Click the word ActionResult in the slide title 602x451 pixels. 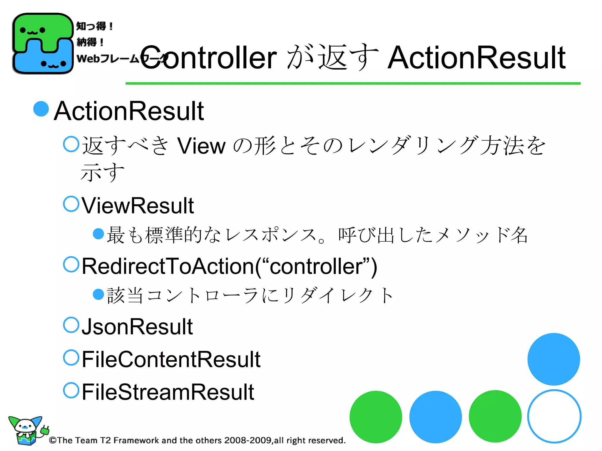[476, 58]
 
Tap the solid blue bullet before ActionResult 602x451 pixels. [41, 109]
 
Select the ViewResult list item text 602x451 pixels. [138, 206]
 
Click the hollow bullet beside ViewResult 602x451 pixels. [71, 204]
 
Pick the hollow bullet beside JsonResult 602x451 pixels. [71, 325]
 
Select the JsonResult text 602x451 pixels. [137, 327]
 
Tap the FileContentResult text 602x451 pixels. [171, 359]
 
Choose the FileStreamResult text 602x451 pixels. [168, 392]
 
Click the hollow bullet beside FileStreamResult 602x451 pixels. [71, 390]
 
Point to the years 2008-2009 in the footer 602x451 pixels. [248, 440]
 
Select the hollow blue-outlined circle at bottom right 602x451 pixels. [554, 416]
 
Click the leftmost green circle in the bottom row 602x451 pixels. [376, 417]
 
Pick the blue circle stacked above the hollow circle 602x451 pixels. [553, 359]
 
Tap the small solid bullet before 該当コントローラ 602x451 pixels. [98, 294]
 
